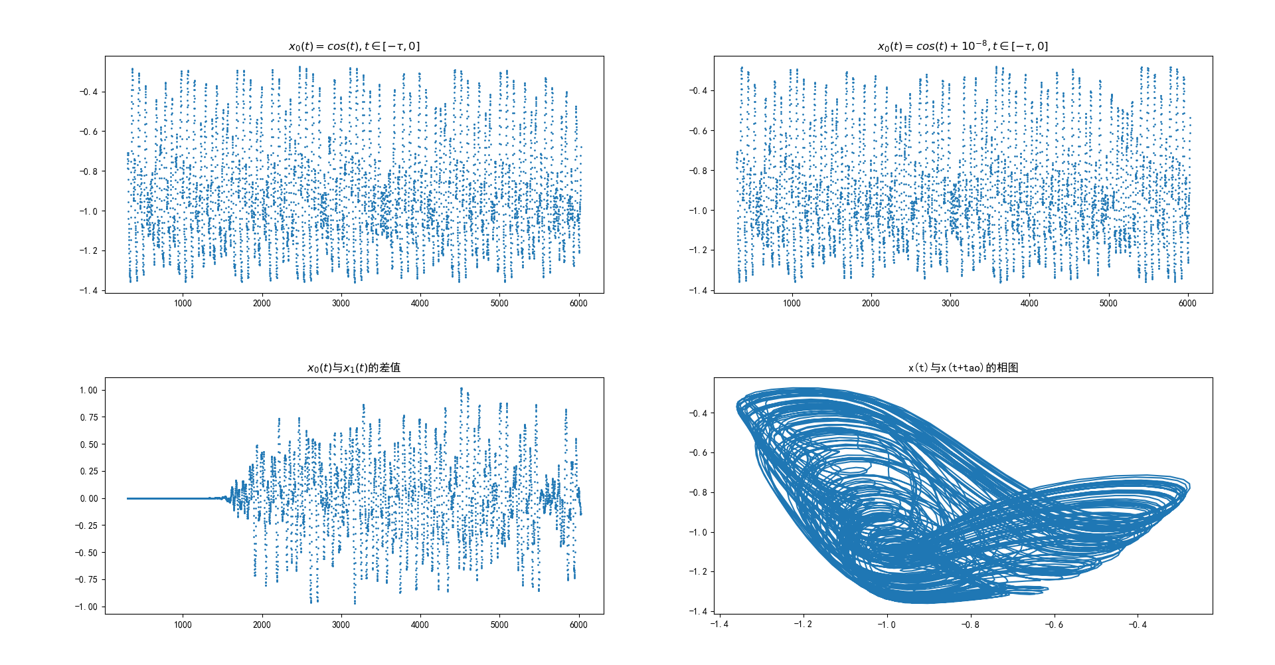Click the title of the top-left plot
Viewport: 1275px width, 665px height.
[354, 46]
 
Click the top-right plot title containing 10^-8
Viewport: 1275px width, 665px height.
[963, 46]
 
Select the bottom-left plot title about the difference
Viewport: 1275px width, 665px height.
[354, 367]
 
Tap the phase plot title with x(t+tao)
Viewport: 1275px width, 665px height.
[963, 367]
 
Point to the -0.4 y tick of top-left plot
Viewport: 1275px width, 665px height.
[88, 92]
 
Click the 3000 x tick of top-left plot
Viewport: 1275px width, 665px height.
[341, 303]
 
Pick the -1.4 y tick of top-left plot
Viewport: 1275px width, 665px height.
[88, 290]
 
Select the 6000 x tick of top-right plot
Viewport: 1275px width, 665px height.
[1187, 303]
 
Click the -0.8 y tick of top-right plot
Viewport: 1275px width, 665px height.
[697, 171]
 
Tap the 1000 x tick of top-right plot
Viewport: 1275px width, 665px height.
[792, 303]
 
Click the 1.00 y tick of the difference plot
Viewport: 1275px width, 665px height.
[88, 390]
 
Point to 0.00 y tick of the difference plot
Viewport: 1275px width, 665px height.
[88, 498]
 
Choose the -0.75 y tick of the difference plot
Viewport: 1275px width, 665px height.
[86, 579]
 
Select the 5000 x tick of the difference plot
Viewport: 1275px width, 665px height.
[499, 624]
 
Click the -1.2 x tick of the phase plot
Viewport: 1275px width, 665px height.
[802, 624]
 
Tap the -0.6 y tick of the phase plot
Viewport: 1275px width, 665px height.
[697, 452]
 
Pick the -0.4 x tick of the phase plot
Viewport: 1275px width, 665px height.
[1137, 624]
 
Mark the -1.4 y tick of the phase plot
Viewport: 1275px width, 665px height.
[697, 611]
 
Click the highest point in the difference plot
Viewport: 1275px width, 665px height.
[462, 388]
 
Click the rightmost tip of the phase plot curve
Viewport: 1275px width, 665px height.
[1189, 487]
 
